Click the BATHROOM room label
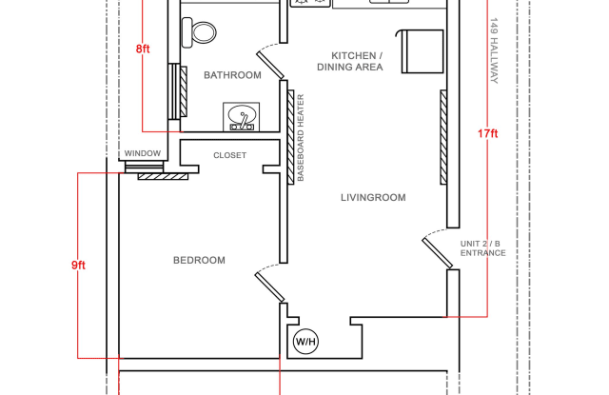click(232, 75)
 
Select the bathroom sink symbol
click(242, 117)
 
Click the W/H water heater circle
click(305, 341)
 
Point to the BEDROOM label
click(199, 260)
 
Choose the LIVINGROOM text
click(373, 198)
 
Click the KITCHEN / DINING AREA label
click(357, 61)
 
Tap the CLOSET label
click(229, 155)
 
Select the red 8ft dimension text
click(143, 49)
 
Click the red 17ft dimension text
click(487, 134)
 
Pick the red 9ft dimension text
click(78, 266)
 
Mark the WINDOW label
click(143, 153)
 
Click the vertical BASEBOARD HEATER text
click(301, 138)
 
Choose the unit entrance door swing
click(437, 250)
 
